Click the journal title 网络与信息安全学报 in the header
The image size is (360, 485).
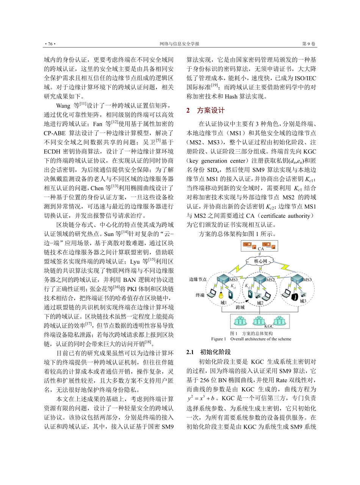(x=180, y=44)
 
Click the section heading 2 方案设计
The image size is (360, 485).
(x=205, y=111)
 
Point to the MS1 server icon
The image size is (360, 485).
(x=222, y=279)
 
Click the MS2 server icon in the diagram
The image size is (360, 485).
(x=260, y=279)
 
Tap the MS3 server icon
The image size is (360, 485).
(x=297, y=279)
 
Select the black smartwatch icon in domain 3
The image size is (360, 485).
(x=293, y=297)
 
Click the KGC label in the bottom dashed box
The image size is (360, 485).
(x=269, y=325)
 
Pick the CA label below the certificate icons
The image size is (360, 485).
(x=261, y=249)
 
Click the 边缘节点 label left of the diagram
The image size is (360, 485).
(x=198, y=279)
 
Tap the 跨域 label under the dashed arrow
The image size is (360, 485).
(x=240, y=308)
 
